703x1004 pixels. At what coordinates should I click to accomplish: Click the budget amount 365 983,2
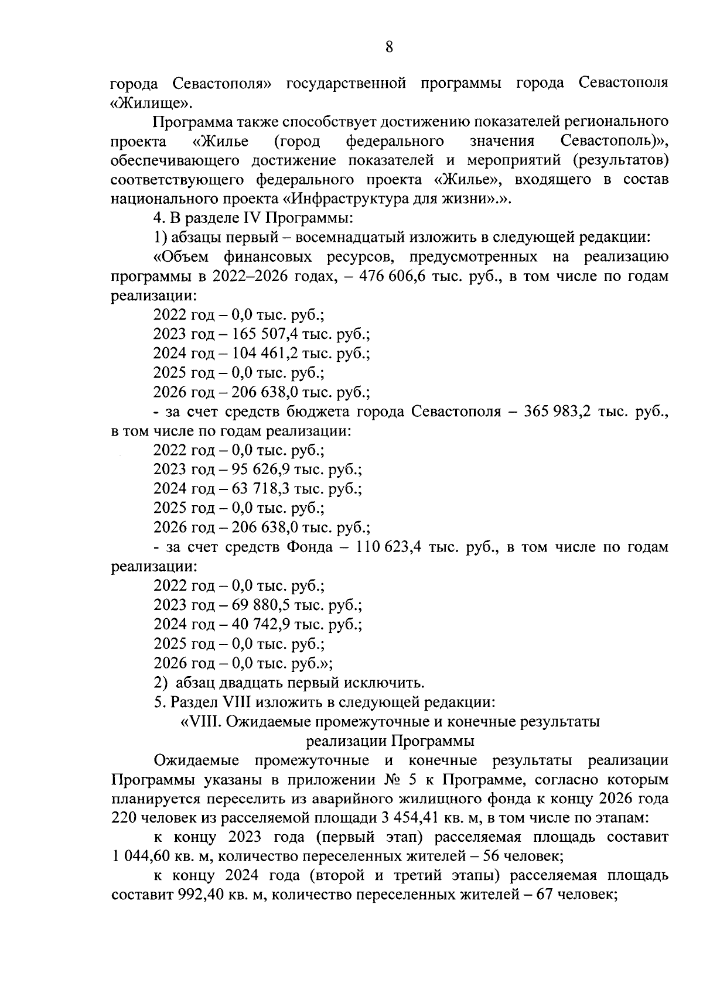(x=558, y=412)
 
